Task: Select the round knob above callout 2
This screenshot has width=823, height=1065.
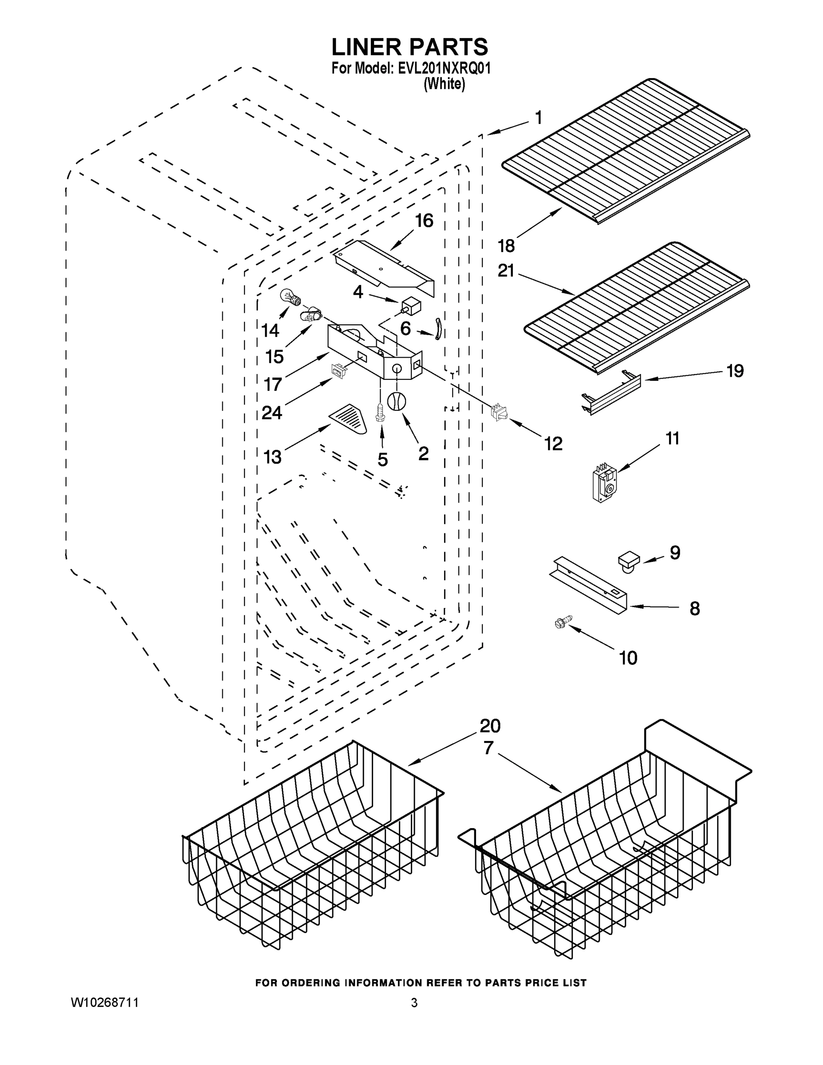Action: point(396,401)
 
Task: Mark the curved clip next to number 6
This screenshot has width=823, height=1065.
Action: point(437,327)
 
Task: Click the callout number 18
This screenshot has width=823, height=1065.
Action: point(506,246)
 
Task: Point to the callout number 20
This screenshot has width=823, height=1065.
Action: point(490,726)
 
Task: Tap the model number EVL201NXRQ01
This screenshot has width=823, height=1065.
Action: point(444,68)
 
